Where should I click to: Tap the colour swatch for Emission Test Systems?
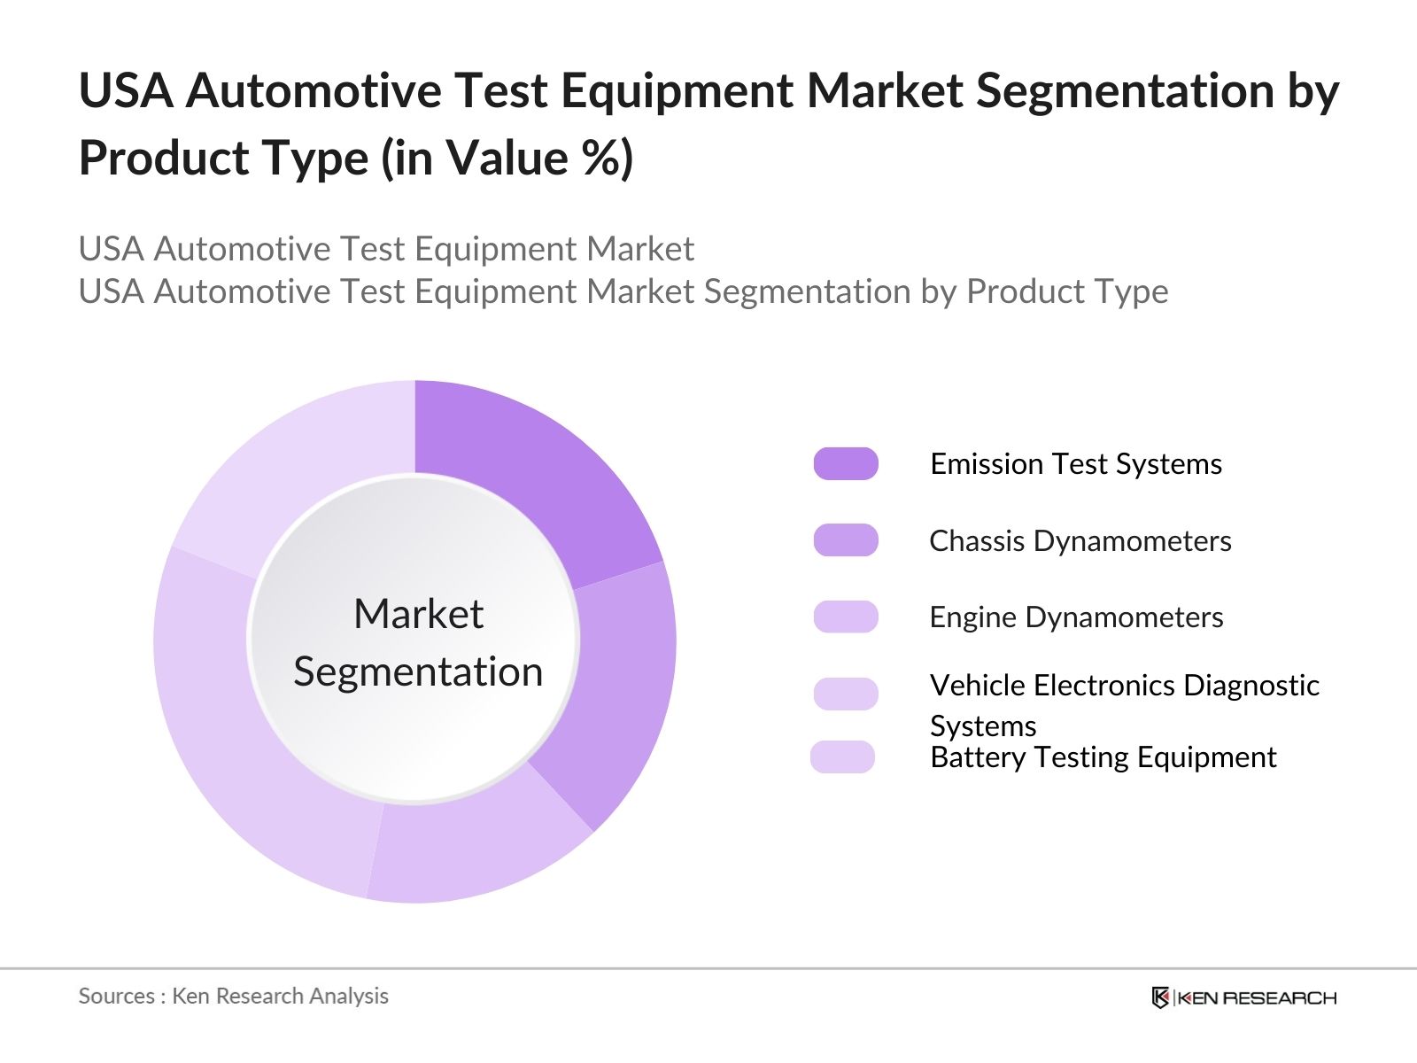846,463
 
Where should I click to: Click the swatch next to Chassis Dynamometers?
846,540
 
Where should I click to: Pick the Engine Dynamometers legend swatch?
846,617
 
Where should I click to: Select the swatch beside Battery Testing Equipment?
842,757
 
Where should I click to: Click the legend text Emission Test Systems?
1075,464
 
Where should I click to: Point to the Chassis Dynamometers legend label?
1080,541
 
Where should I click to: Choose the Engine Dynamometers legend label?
1075,617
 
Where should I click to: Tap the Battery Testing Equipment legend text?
1103,757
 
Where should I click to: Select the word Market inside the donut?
418,614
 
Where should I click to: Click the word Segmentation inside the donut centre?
418,671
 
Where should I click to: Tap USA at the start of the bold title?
126,91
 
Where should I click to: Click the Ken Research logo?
1243,997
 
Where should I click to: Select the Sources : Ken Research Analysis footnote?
233,996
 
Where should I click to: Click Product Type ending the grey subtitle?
1066,291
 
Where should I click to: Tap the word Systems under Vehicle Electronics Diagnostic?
982,726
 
